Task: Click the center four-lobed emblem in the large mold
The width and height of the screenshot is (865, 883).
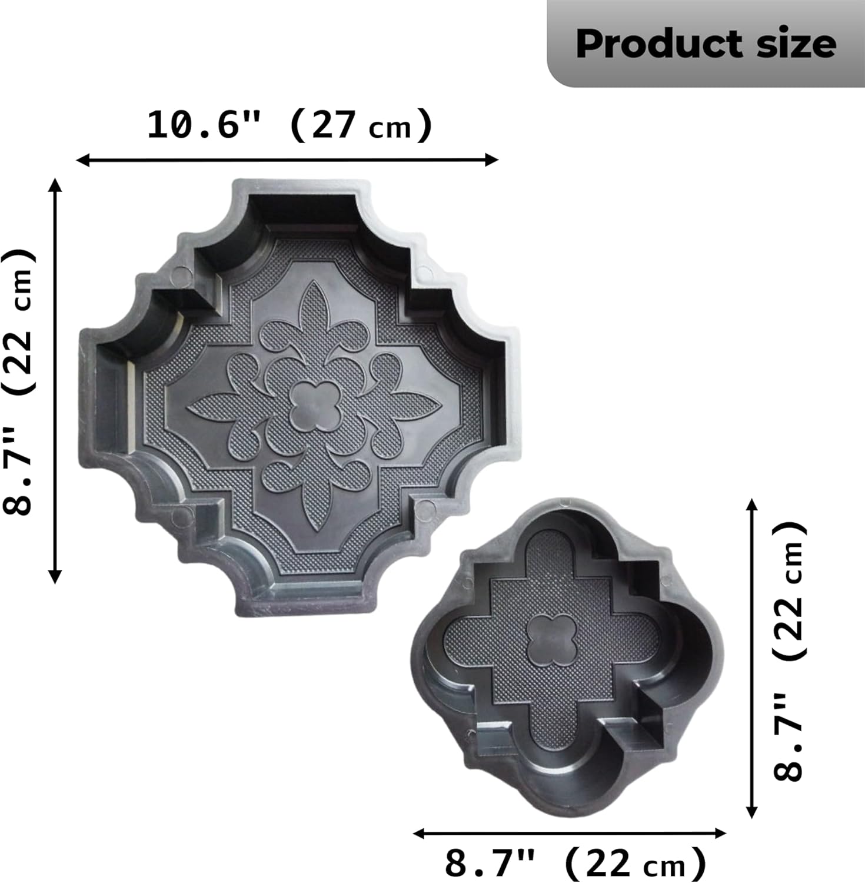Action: tap(315, 406)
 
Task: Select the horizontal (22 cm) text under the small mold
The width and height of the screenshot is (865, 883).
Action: tap(636, 864)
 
